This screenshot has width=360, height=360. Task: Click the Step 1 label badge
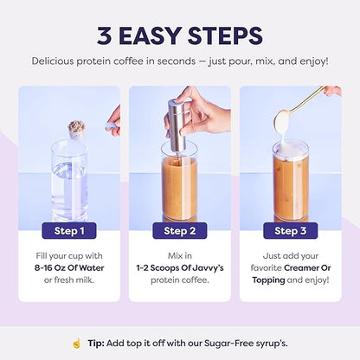point(68,230)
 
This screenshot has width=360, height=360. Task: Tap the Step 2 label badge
point(180,230)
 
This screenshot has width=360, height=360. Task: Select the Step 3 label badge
point(291,230)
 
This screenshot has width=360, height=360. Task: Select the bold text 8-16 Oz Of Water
point(69,268)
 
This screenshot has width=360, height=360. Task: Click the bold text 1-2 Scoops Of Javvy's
point(180,268)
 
